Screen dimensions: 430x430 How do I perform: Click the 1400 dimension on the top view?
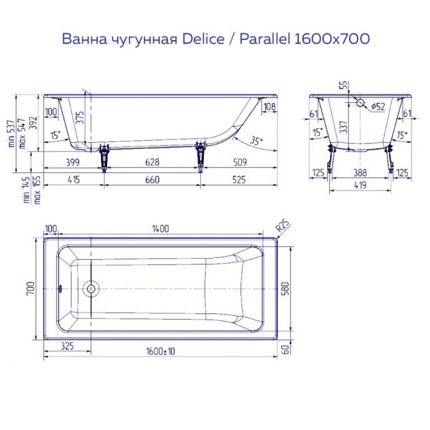160,229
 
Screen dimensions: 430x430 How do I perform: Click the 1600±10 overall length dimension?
161,351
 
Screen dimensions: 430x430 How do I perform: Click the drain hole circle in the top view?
91,289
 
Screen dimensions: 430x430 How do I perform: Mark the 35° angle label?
256,140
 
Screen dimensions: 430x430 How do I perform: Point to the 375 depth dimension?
79,118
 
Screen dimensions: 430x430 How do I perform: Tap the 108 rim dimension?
269,107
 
